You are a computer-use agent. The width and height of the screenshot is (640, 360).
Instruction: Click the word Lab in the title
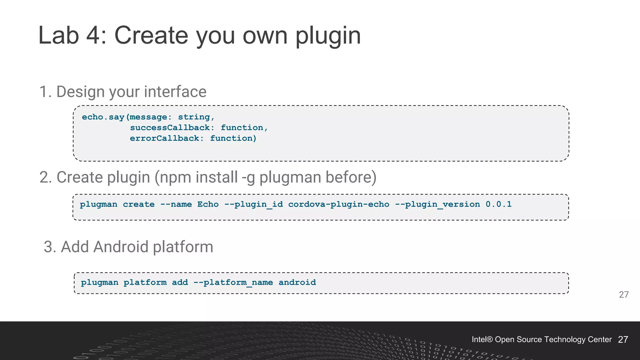pyautogui.click(x=58, y=35)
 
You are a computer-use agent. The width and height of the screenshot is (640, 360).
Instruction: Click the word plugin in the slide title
pyautogui.click(x=328, y=35)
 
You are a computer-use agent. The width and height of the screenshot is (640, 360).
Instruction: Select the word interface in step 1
pyautogui.click(x=175, y=92)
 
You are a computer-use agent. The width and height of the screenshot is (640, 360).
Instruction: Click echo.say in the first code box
pyautogui.click(x=103, y=117)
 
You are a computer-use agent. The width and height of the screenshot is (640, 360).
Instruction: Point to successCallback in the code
pyautogui.click(x=170, y=128)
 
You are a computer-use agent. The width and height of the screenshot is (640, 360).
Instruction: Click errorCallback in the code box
pyautogui.click(x=165, y=138)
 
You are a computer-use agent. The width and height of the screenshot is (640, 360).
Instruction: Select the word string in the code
pyautogui.click(x=194, y=117)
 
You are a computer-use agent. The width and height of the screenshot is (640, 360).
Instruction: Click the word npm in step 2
pyautogui.click(x=175, y=177)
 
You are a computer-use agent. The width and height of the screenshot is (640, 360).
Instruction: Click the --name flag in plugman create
pyautogui.click(x=176, y=204)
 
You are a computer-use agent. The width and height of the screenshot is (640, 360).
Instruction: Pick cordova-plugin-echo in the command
pyautogui.click(x=339, y=204)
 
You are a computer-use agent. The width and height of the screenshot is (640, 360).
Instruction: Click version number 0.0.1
pyautogui.click(x=498, y=204)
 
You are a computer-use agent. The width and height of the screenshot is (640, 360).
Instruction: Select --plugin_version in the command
pyautogui.click(x=437, y=204)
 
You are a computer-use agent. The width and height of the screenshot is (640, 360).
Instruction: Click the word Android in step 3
pyautogui.click(x=121, y=247)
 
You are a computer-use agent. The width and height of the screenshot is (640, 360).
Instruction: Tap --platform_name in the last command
pyautogui.click(x=233, y=282)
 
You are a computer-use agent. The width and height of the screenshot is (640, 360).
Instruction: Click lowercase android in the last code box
pyautogui.click(x=297, y=282)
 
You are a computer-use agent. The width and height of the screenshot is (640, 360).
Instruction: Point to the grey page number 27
pyautogui.click(x=623, y=295)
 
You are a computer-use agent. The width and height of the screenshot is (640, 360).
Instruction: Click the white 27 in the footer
pyautogui.click(x=623, y=340)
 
